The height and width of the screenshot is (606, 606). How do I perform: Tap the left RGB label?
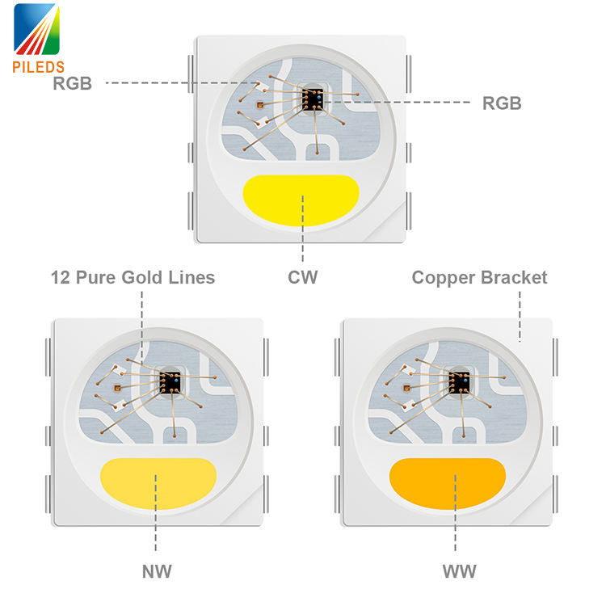(72, 83)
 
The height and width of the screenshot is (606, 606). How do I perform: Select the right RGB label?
(501, 103)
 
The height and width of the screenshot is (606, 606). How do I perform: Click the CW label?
(302, 278)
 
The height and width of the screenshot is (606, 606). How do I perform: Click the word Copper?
(444, 278)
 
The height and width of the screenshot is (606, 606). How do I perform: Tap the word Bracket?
(514, 278)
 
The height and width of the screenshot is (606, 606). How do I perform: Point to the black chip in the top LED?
(313, 99)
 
